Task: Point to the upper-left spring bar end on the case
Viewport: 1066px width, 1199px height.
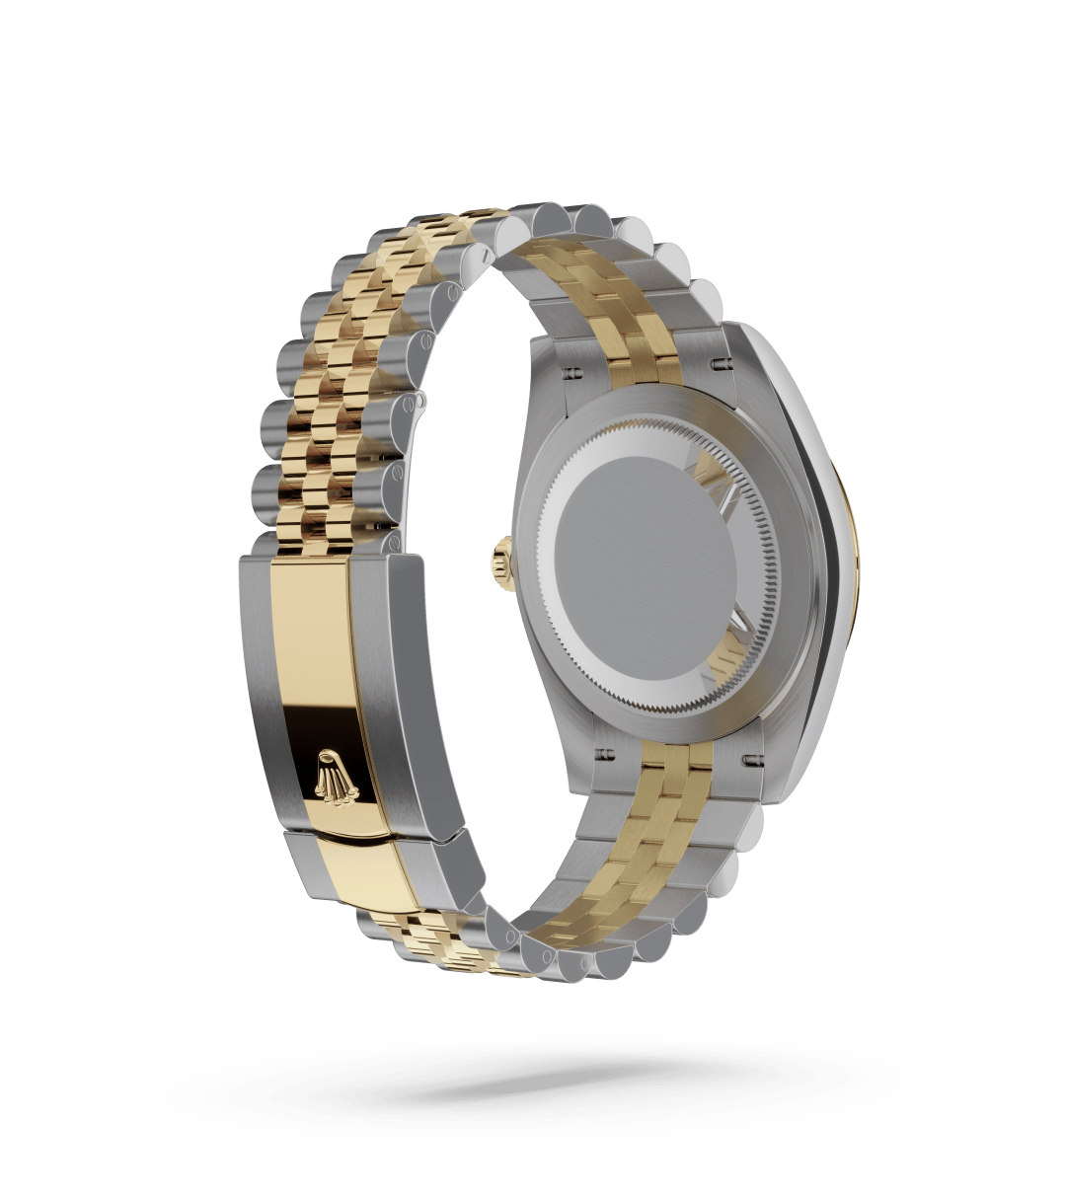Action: pos(571,375)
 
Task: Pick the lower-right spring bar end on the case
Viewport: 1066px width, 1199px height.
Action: pos(749,759)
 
